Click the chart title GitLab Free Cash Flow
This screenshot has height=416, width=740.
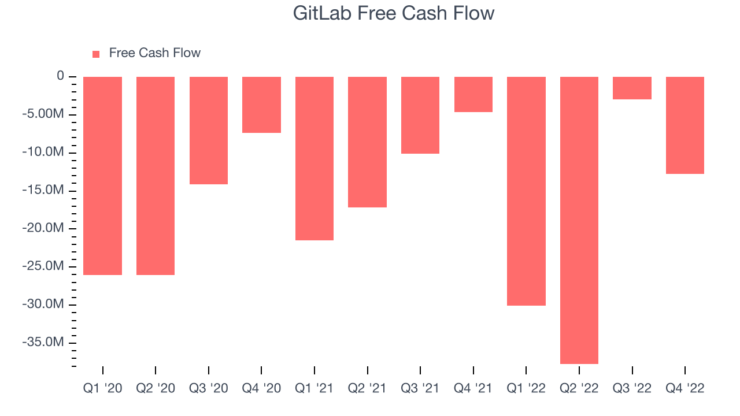tap(394, 13)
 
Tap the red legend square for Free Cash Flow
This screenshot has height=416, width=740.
tap(96, 54)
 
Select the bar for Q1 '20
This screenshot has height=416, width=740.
tap(102, 176)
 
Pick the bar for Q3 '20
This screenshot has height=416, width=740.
tap(209, 131)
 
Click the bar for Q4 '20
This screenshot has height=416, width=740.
tap(261, 105)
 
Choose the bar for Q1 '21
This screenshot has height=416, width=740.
tap(314, 158)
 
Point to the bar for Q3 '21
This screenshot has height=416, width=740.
tap(420, 115)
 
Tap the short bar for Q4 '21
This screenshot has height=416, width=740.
tap(473, 94)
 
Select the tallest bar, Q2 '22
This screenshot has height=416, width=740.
tap(579, 220)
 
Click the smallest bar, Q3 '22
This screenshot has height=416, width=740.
tap(632, 88)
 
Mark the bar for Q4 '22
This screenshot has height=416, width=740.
tap(685, 125)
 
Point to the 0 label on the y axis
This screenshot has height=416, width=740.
tap(60, 76)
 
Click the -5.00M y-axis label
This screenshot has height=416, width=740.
tap(43, 114)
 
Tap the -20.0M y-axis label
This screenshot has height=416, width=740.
tap(43, 228)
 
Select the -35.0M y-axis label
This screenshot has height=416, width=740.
tap(43, 342)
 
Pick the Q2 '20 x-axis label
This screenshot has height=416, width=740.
tap(156, 388)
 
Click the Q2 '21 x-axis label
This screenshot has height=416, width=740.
tap(367, 388)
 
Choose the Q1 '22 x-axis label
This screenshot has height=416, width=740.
tap(526, 388)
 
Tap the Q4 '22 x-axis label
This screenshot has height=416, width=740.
tap(685, 388)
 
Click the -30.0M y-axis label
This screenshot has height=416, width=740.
tap(43, 304)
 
